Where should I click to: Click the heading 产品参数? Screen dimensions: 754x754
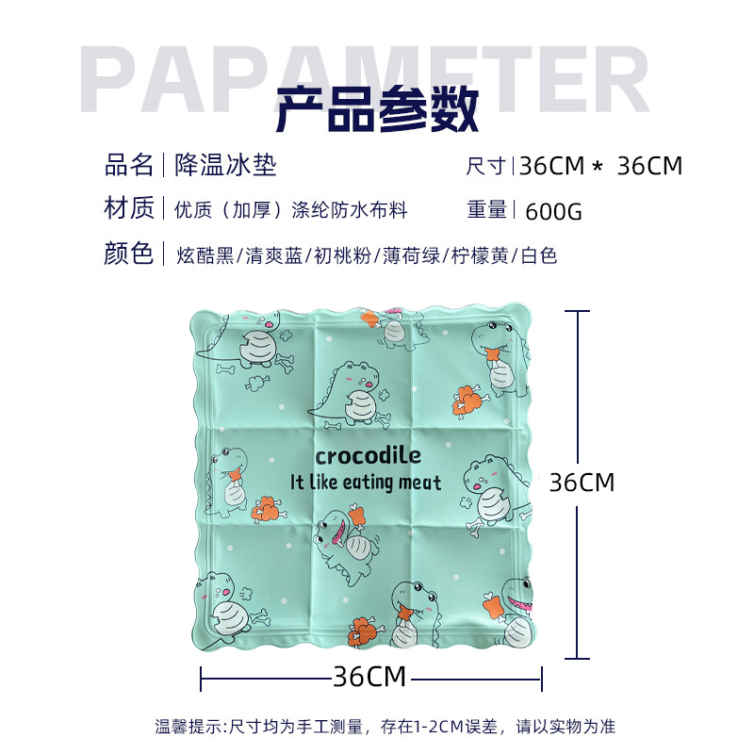(377, 110)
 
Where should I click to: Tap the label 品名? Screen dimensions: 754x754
(129, 166)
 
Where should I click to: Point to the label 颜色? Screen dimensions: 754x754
(129, 254)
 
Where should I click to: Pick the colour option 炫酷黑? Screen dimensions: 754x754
(204, 254)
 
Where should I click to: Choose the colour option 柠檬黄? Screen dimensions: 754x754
(481, 254)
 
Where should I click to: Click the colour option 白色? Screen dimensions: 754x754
(539, 254)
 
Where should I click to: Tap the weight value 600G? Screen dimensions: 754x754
(553, 211)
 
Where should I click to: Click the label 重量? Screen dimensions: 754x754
(487, 210)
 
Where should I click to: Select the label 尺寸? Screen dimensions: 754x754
(487, 167)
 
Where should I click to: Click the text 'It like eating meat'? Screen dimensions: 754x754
(366, 482)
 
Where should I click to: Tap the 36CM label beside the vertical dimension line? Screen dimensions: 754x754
(582, 483)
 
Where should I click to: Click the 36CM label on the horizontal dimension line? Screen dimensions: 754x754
(369, 676)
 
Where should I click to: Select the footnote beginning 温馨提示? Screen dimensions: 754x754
(385, 727)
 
